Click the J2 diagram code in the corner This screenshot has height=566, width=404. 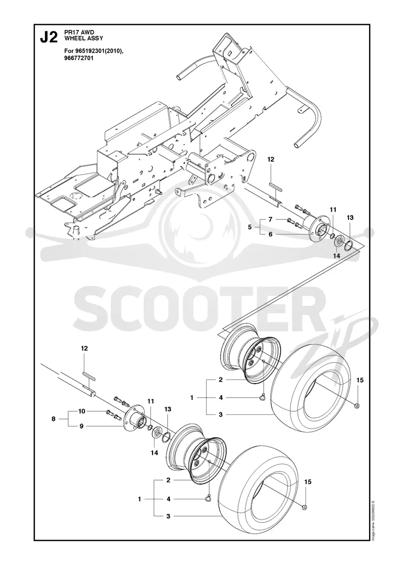48,37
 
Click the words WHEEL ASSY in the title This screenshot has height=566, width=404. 78,37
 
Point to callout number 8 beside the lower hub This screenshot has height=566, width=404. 54,419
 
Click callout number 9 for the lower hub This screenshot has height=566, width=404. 81,427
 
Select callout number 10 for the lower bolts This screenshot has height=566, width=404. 82,411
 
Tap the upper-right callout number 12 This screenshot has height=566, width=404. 271,159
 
